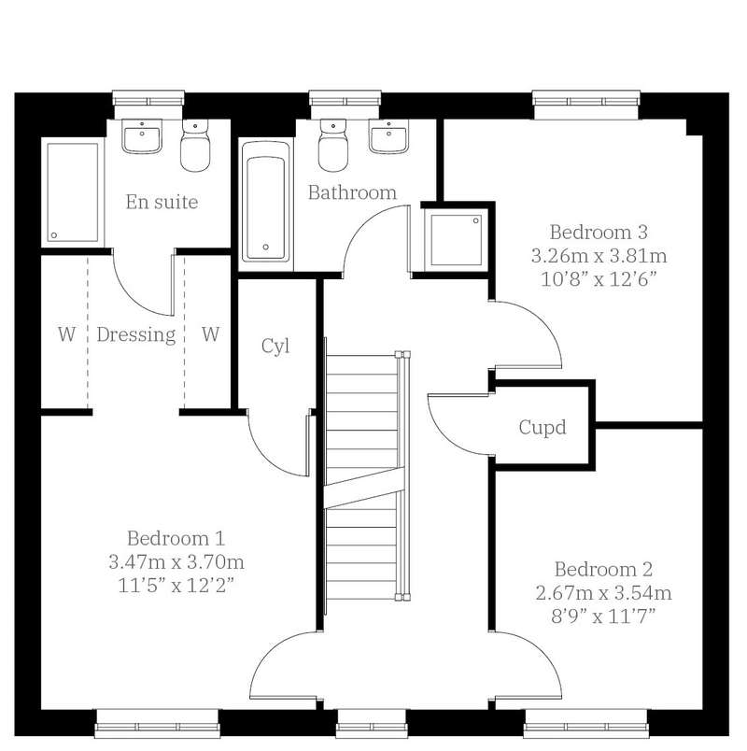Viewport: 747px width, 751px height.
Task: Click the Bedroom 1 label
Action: point(176,538)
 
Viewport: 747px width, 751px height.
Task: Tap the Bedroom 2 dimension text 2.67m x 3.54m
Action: point(603,593)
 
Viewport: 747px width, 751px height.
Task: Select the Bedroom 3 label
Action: point(599,233)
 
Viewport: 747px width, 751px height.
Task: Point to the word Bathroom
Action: point(352,192)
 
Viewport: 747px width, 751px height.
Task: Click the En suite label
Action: point(162,202)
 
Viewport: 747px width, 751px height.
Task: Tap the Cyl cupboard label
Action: point(275,346)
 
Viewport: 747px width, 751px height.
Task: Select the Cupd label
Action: point(543,427)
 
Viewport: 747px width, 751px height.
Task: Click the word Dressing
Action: point(136,334)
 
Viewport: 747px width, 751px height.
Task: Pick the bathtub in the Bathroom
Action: point(266,201)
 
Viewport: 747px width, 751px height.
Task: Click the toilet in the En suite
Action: point(195,145)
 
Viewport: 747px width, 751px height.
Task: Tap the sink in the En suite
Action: point(141,136)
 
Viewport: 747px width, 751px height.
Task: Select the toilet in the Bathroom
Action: point(332,145)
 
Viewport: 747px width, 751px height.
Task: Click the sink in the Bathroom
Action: point(388,136)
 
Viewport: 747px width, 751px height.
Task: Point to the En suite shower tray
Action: point(73,192)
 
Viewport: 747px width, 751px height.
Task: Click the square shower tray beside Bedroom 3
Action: point(456,240)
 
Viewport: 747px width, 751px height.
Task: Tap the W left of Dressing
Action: point(66,334)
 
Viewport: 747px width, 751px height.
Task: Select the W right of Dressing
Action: point(210,334)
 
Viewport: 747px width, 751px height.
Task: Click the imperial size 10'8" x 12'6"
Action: point(599,278)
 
